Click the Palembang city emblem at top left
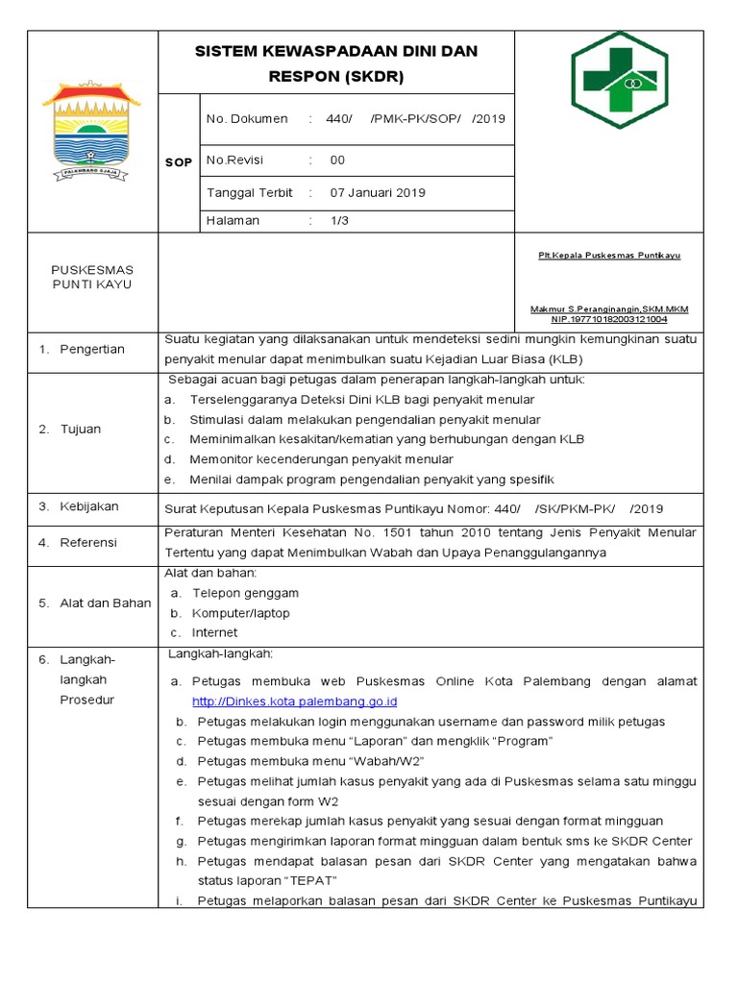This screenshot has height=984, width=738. point(92,133)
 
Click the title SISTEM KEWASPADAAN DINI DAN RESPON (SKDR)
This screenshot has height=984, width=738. point(336,63)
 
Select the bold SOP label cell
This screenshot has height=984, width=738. point(178,162)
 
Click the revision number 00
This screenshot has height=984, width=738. point(337,160)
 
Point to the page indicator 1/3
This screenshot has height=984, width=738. point(339,220)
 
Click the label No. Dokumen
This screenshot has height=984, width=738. point(247,118)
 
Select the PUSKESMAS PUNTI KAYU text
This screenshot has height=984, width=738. point(92,277)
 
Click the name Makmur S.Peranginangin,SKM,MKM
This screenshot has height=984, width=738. point(609,308)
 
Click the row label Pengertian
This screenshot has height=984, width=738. point(91,349)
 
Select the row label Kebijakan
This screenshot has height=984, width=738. point(88,505)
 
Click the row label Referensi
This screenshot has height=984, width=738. point(88,542)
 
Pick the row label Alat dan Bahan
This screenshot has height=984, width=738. point(106,603)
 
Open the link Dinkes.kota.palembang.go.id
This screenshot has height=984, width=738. point(294,701)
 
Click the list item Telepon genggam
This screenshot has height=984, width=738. point(245,593)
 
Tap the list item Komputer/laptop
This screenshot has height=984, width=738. point(240,613)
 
